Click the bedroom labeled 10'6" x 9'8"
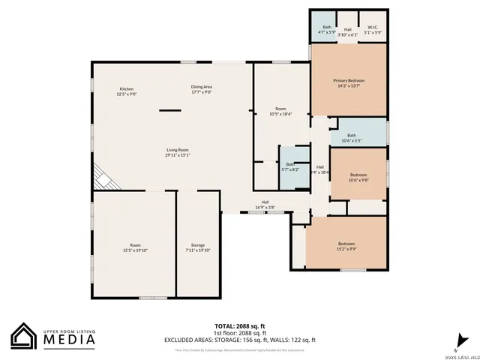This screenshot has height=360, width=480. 358,177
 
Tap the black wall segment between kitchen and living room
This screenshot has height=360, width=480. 169,111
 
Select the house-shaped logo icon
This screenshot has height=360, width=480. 24,336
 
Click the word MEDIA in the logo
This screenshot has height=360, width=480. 70,340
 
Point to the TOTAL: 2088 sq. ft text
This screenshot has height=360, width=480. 240,325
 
